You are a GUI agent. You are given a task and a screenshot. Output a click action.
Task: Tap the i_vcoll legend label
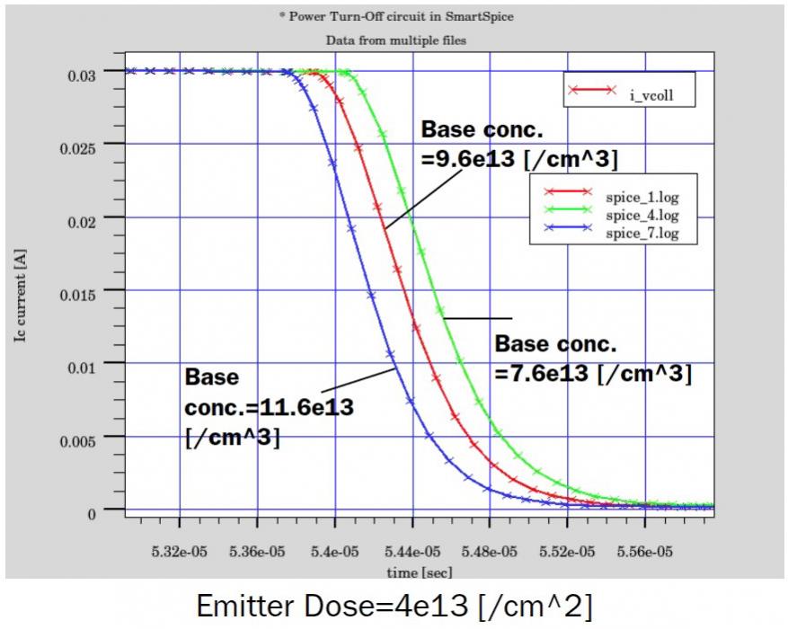click(x=650, y=92)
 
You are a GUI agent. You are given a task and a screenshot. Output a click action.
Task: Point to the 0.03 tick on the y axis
click(x=90, y=71)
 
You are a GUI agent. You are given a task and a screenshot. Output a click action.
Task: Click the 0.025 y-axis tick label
click(x=85, y=144)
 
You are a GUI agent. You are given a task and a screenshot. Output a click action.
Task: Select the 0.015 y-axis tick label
click(x=85, y=290)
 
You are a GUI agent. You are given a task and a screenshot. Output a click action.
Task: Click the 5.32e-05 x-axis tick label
click(x=180, y=550)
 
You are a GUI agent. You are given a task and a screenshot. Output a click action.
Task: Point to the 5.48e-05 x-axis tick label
click(x=490, y=550)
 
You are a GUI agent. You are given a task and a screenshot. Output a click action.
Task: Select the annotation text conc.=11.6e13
click(x=269, y=406)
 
